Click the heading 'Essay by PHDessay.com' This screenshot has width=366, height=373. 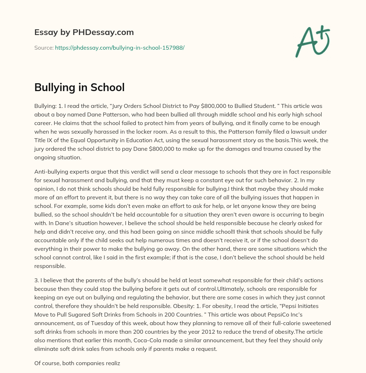pos(84,33)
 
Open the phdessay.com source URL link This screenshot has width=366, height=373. pos(119,48)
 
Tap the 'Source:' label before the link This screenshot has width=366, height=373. pos(44,48)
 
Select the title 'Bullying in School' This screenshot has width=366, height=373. pos(79,87)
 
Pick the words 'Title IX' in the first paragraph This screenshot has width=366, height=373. pos(44,140)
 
